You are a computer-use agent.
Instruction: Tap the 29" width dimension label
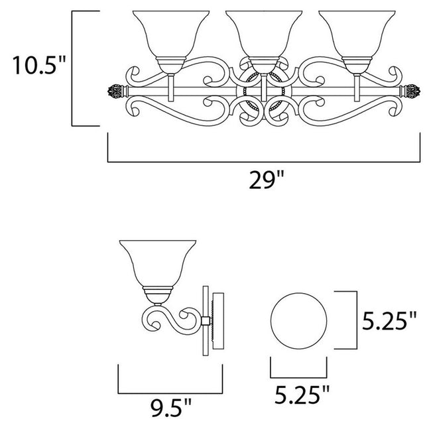[263, 180]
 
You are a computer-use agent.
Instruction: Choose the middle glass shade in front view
[263, 36]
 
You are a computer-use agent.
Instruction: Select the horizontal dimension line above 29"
[263, 160]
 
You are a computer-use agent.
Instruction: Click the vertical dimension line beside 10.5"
[72, 67]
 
